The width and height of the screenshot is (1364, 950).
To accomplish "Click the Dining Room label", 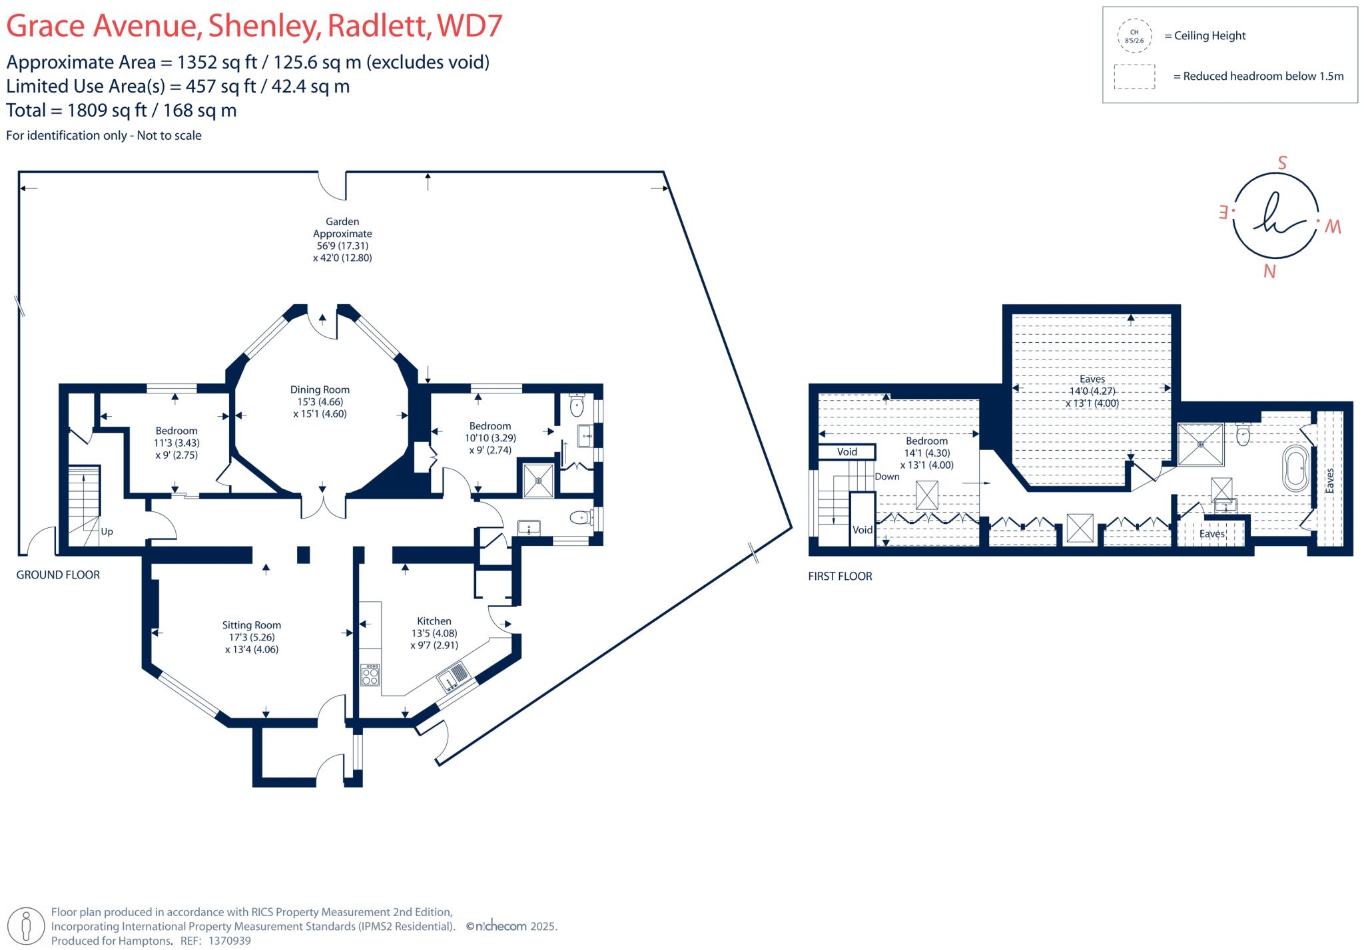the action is (x=320, y=390).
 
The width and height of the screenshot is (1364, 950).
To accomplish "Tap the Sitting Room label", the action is (x=252, y=625).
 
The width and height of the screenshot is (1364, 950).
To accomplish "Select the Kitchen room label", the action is (x=434, y=621).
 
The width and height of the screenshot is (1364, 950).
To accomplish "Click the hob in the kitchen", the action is (x=370, y=675).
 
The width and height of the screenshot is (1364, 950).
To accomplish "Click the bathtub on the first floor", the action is (x=1295, y=469).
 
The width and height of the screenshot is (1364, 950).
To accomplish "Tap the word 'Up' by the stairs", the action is (x=107, y=531).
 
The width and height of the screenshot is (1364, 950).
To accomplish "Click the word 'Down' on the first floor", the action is (x=887, y=477).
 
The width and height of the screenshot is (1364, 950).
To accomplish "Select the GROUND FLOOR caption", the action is (x=58, y=575).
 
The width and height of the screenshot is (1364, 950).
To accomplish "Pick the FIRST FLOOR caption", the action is (x=840, y=576).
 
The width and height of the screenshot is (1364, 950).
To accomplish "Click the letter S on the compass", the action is (x=1282, y=163).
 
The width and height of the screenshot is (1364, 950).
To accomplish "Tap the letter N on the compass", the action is (x=1269, y=272).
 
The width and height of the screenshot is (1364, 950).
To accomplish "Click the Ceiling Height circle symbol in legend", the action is (x=1134, y=36).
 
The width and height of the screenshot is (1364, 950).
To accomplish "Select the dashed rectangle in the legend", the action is (x=1134, y=77).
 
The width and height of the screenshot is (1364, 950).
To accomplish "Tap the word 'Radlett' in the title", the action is (x=378, y=25).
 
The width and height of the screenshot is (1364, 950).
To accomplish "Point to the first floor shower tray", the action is (x=1201, y=444).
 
